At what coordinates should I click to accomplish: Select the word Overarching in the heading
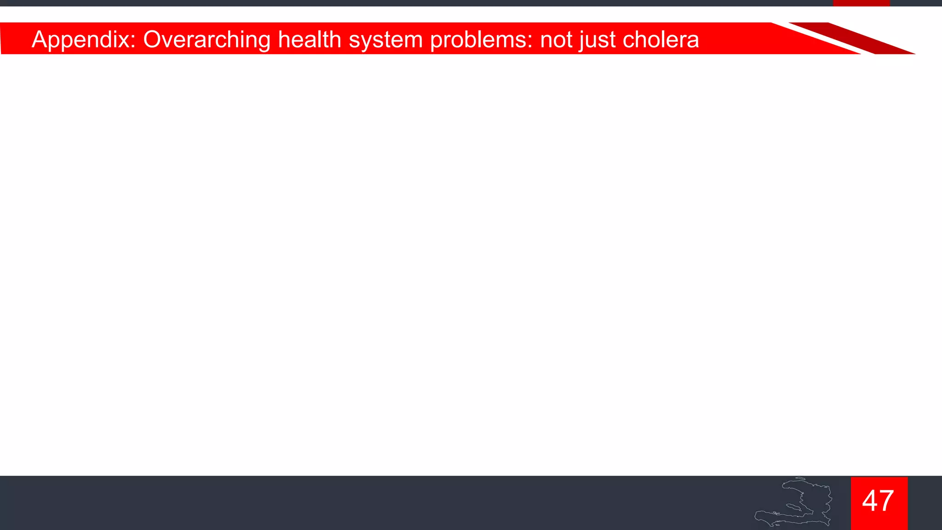pos(207,40)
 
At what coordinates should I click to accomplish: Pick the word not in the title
pos(556,40)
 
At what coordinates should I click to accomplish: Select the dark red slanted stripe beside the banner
pos(851,38)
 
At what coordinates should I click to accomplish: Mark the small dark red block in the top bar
pos(861,3)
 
